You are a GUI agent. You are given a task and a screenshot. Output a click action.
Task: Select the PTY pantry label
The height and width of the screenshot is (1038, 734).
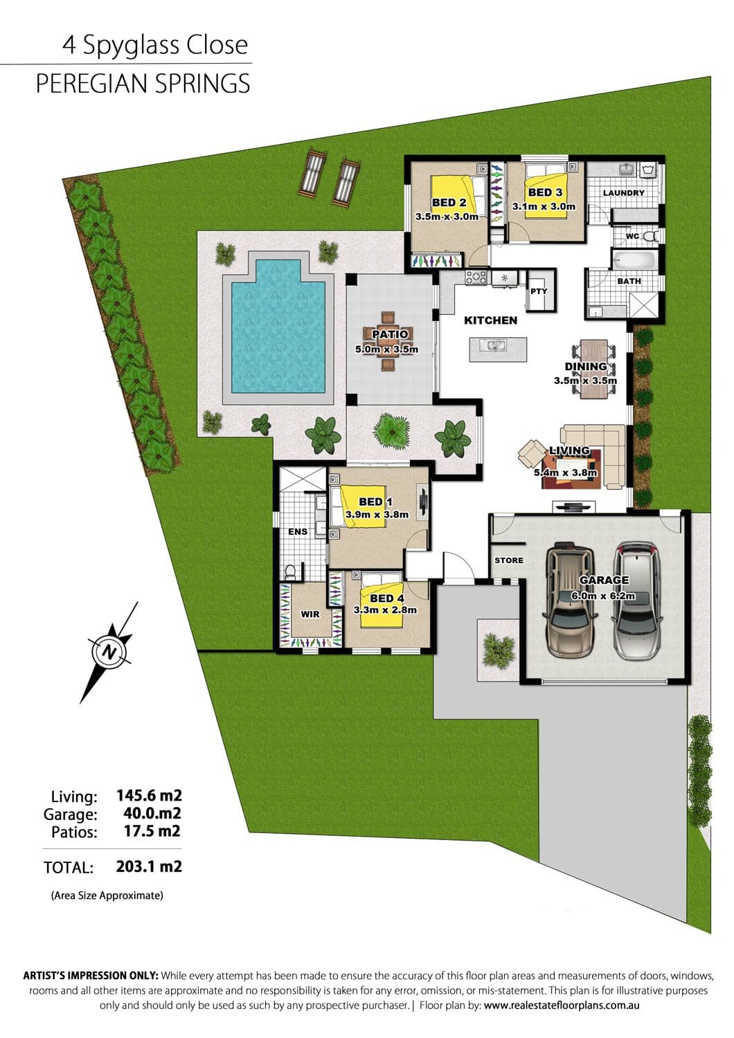(x=538, y=291)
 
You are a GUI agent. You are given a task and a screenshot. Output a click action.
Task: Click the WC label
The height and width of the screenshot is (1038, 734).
(x=632, y=236)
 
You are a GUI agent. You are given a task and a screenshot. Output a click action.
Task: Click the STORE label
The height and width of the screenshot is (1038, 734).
(x=509, y=561)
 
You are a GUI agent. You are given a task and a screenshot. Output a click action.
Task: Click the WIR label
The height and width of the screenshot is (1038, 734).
(x=310, y=614)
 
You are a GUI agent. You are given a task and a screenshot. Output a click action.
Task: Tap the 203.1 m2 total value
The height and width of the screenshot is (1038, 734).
(x=149, y=866)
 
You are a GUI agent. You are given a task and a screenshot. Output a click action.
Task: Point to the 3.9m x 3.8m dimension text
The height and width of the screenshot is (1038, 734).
(x=377, y=514)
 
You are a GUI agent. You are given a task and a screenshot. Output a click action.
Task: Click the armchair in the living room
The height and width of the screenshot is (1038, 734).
(x=532, y=454)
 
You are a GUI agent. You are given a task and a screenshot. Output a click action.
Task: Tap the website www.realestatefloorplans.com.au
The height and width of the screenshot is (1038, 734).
(x=562, y=1005)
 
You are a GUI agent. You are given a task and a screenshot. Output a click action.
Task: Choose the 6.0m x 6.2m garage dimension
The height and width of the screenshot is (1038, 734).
(x=602, y=596)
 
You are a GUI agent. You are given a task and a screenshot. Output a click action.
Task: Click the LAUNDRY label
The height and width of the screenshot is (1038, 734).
(x=624, y=193)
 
